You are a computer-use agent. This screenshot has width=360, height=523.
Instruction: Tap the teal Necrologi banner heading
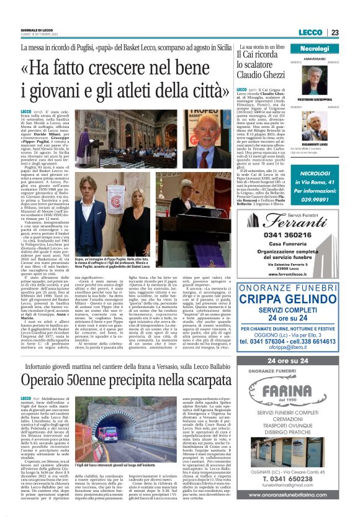pyautogui.click(x=319, y=48)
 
